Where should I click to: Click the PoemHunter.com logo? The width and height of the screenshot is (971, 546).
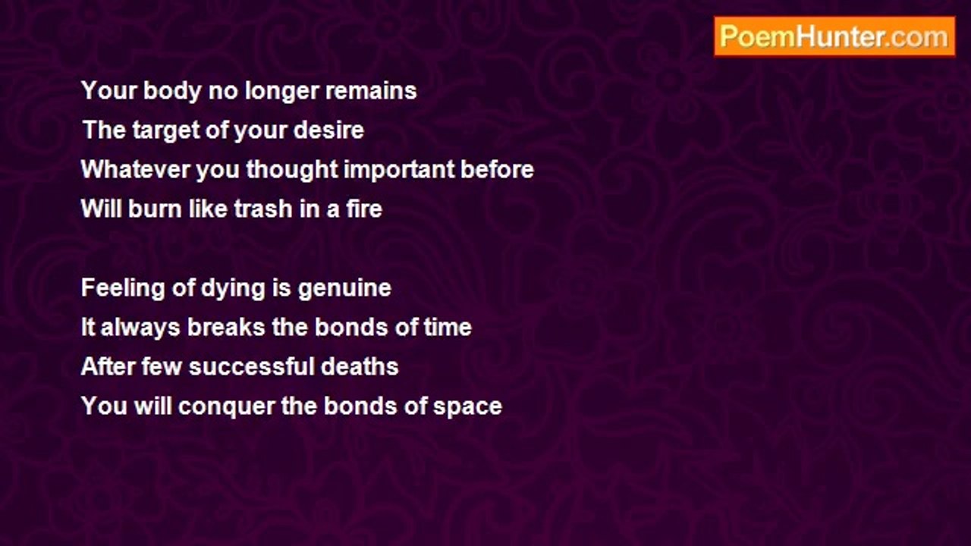pos(834,36)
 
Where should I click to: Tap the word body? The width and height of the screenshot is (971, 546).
pos(172,92)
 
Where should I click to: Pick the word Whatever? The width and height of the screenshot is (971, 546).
pos(135,169)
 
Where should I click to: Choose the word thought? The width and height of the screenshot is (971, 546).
pos(292,170)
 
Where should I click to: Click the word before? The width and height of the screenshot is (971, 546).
pos(497,169)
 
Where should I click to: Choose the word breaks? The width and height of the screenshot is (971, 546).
pos(226,327)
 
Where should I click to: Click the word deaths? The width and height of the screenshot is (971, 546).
pos(360,366)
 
